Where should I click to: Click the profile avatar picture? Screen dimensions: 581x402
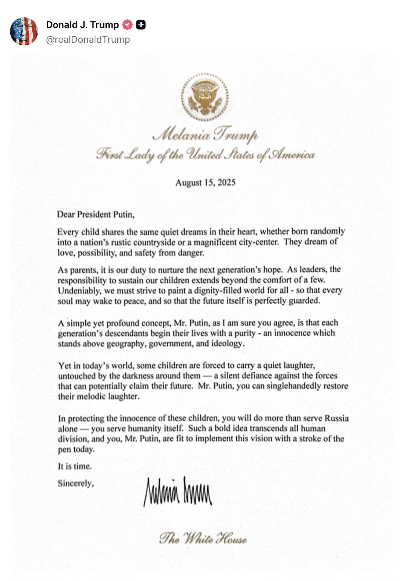24,31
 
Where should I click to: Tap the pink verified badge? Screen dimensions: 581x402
127,25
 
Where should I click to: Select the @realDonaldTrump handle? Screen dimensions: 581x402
88,39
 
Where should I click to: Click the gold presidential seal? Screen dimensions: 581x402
205,97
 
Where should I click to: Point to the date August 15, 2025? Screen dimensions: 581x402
205,182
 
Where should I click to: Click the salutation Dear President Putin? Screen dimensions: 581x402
95,214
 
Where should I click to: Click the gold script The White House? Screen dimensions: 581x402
203,538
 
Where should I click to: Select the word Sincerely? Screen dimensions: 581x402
75,483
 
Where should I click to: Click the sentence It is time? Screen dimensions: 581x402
75,466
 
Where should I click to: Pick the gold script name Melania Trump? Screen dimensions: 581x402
205,135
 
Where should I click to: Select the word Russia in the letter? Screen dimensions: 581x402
337,418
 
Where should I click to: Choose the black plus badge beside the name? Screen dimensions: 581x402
140,25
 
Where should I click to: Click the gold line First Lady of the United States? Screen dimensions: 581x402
205,155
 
